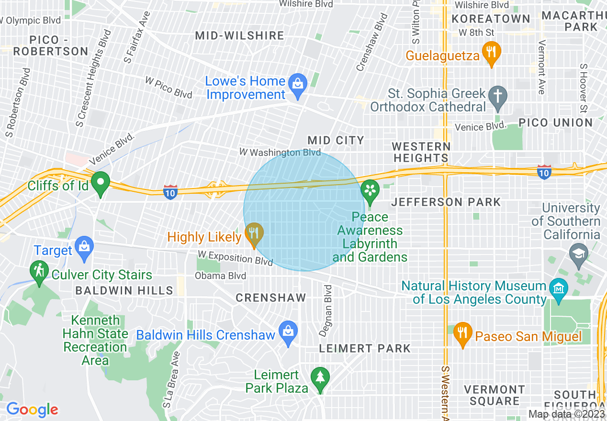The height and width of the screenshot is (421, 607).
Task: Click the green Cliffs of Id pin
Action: coord(101,183)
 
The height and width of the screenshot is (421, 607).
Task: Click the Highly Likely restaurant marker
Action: coord(254,233)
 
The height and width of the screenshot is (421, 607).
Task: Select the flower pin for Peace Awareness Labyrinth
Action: coord(370,189)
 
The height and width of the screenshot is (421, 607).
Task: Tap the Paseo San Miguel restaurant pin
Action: coord(462,332)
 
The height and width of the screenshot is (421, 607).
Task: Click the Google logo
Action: coord(32,410)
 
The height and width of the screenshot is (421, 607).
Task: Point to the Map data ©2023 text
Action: coord(567,414)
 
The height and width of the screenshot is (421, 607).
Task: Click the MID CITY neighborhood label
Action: coord(336,140)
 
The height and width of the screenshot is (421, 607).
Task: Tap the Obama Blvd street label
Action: coord(220,276)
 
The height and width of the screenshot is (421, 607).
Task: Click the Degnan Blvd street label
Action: coord(328,310)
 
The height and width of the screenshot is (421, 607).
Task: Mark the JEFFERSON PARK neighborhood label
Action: coord(446,202)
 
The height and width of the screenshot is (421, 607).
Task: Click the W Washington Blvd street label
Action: coord(280,153)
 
